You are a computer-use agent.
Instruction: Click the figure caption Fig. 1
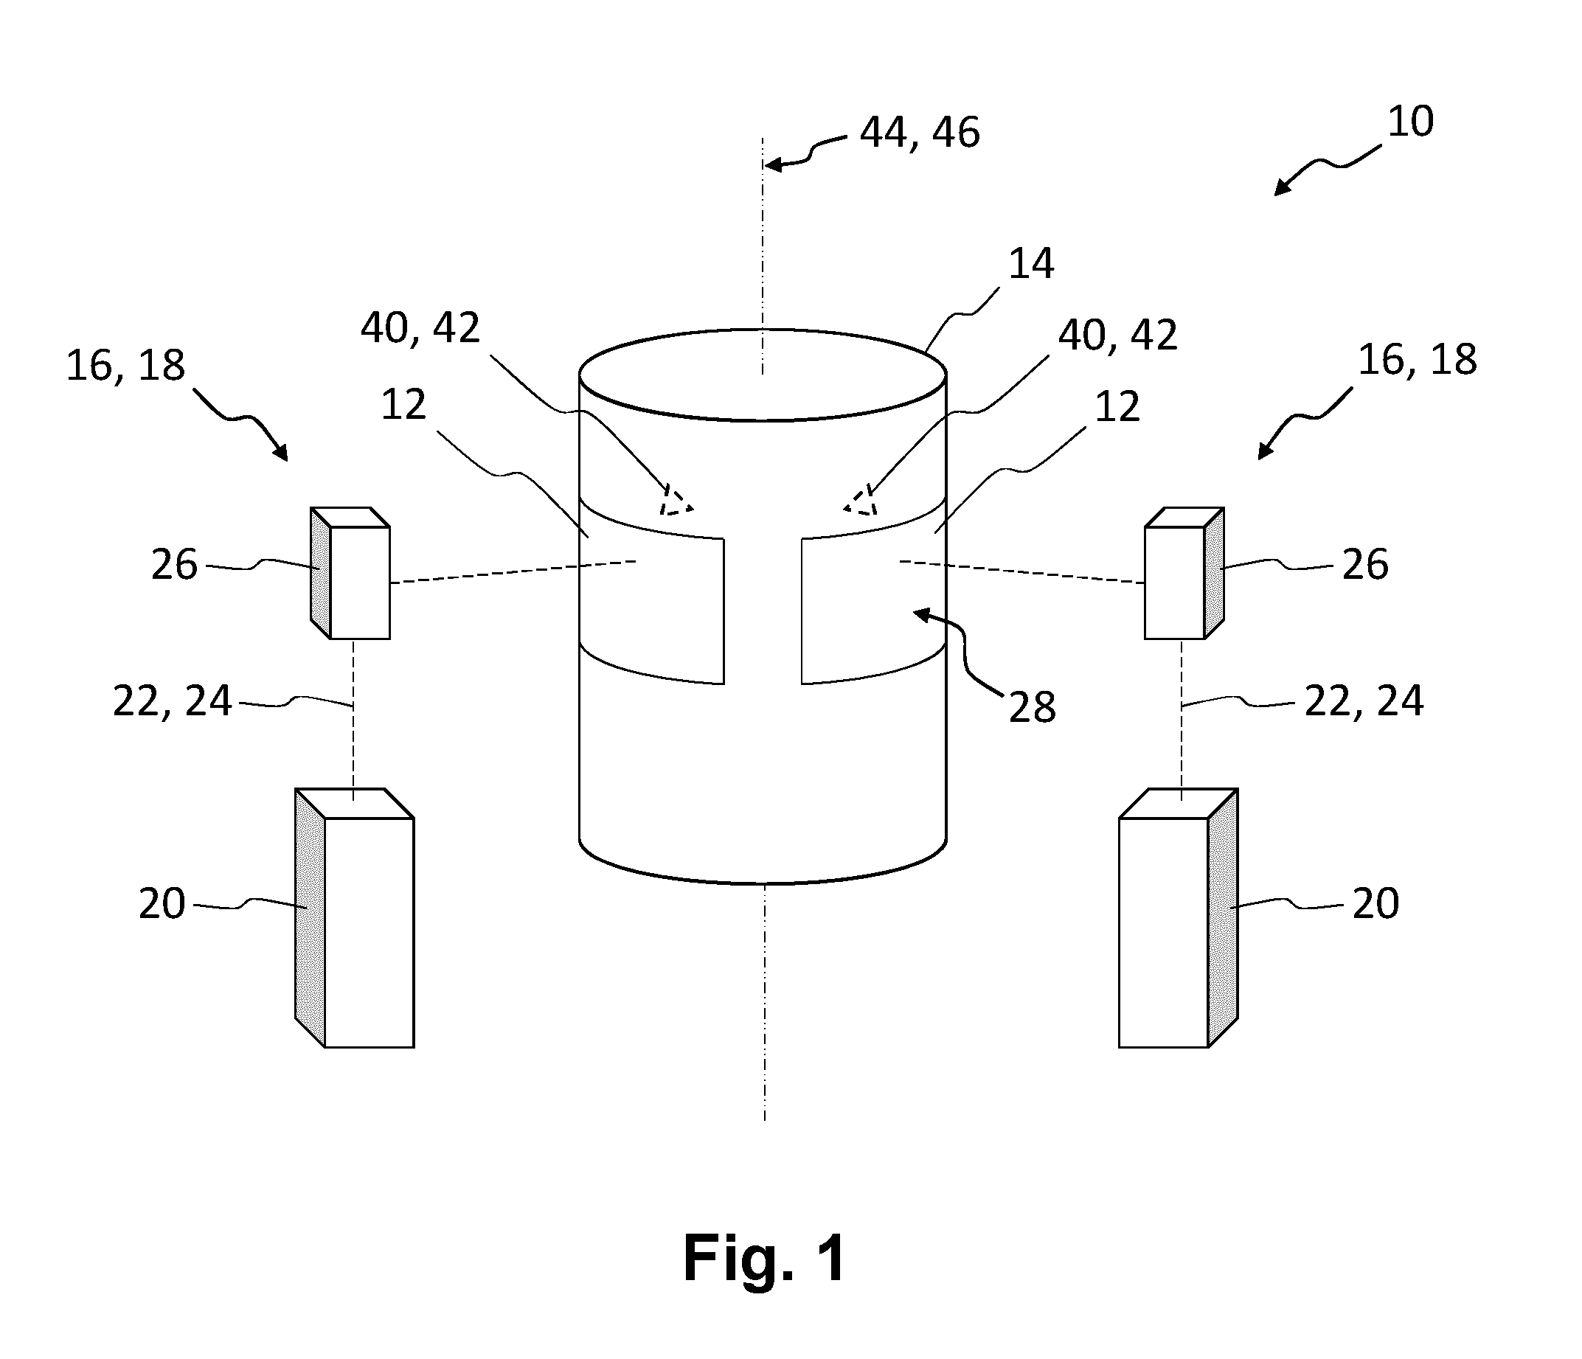point(764,1258)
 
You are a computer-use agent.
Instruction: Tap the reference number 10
point(1410,122)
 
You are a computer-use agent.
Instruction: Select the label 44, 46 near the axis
point(919,132)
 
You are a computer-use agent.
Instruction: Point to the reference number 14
point(1032,263)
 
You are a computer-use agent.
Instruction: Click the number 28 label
point(1033,707)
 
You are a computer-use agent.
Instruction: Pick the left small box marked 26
point(350,573)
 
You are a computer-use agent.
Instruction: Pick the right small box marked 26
point(1184,573)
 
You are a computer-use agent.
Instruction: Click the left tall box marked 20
point(354,918)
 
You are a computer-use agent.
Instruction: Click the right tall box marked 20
point(1178,918)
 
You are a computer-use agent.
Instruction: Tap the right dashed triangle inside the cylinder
point(861,501)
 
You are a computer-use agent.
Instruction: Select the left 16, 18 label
point(125,366)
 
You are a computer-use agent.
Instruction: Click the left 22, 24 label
point(172,701)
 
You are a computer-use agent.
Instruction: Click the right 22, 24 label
point(1364,701)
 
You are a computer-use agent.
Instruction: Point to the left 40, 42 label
point(420,328)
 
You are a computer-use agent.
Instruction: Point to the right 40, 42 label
point(1118,336)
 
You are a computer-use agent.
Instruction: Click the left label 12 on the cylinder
point(403,406)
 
